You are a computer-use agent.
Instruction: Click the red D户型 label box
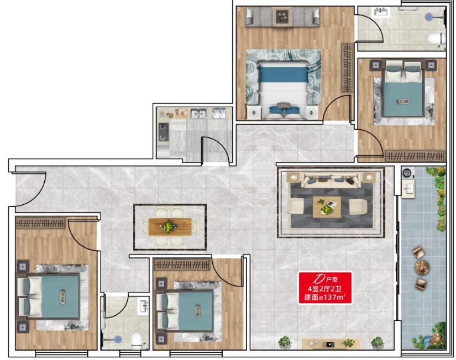[x=325, y=288]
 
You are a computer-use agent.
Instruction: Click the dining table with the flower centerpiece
[x=170, y=226]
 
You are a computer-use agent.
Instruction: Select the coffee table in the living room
[x=327, y=207]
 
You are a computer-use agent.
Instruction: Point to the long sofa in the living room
[x=331, y=181]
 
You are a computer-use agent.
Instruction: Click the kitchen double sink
[x=198, y=113]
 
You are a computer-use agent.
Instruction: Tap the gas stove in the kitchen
[x=163, y=131]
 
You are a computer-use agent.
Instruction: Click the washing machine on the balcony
[x=407, y=173]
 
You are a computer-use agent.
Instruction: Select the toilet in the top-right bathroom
[x=436, y=40]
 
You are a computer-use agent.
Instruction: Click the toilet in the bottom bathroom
[x=137, y=341]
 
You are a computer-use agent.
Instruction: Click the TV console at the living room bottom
[x=331, y=344]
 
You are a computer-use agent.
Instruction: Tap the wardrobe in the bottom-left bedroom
[x=41, y=223]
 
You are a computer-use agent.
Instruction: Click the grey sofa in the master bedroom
[x=282, y=17]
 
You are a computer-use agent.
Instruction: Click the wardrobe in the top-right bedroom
[x=415, y=156]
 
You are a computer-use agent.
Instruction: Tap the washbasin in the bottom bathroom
[x=144, y=306]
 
